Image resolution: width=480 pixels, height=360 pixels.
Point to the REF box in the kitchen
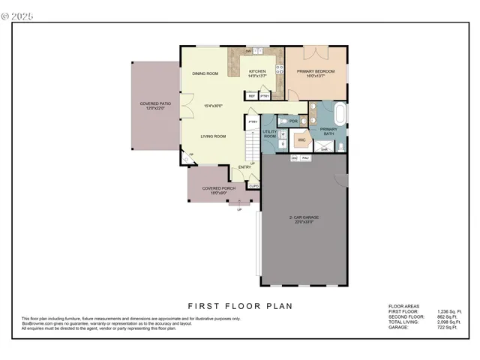pyautogui.click(x=252, y=96)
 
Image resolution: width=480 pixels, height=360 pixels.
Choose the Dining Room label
pyautogui.click(x=205, y=73)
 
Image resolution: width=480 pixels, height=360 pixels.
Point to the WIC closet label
pyautogui.click(x=301, y=139)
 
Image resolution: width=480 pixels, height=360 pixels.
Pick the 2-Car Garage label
pyautogui.click(x=304, y=219)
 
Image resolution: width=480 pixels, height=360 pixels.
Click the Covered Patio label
pyautogui.click(x=151, y=106)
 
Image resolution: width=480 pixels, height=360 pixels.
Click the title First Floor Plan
pyautogui.click(x=240, y=305)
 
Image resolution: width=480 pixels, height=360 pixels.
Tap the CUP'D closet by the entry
pyautogui.click(x=254, y=185)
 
